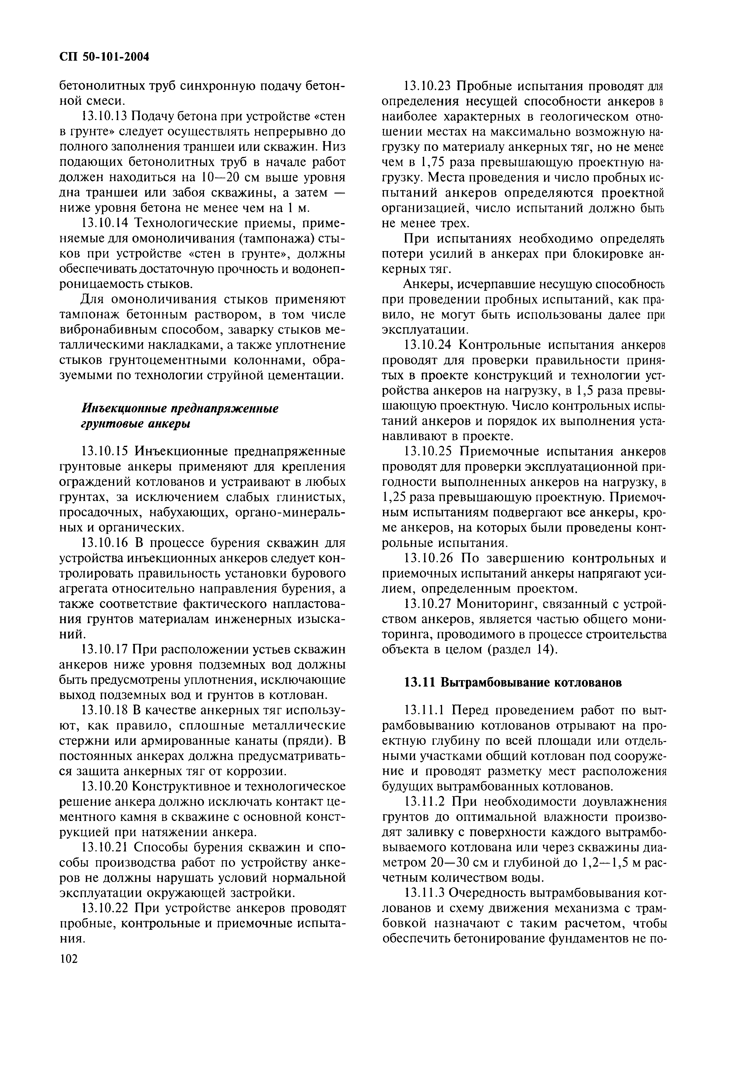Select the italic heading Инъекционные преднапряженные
180,409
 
